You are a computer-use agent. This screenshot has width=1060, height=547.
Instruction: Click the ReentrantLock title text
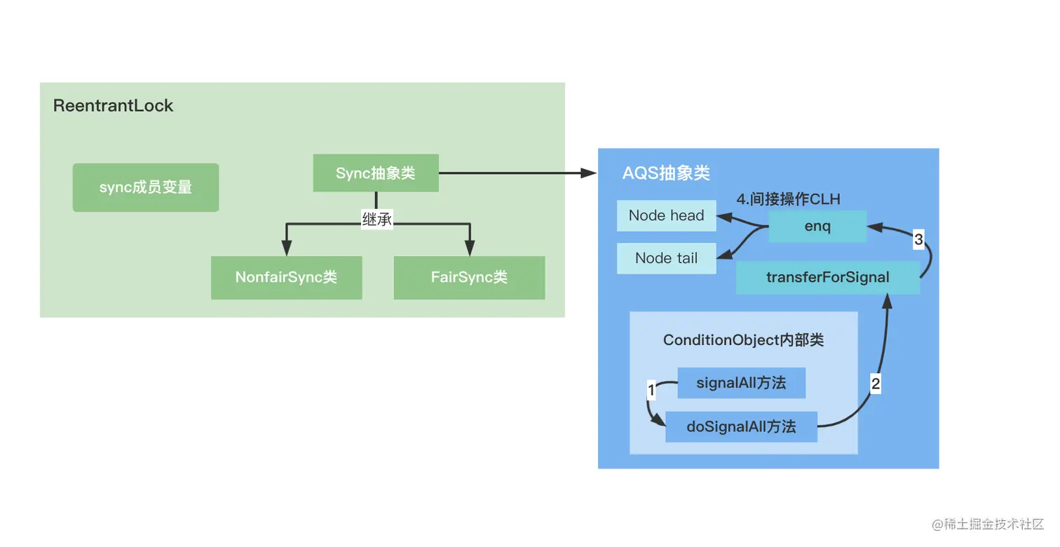coord(113,106)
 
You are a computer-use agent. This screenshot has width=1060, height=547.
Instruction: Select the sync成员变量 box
coord(146,187)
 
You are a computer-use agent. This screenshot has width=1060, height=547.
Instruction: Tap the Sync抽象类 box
coord(376,173)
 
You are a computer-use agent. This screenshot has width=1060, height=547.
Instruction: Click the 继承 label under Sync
coord(376,220)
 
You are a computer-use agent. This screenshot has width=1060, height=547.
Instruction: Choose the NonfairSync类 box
coord(286,277)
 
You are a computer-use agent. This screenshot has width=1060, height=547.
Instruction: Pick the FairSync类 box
coord(469,277)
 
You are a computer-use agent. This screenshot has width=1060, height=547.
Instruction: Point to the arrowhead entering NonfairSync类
coord(286,248)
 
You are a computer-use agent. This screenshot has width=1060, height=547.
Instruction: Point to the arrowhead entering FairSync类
coord(469,248)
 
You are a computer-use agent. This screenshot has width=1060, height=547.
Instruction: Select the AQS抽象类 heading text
coord(666,173)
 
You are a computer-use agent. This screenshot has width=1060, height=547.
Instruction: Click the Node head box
coord(666,216)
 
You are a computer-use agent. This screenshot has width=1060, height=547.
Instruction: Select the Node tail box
coord(666,258)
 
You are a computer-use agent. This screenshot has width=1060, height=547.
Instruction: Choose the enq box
coord(817,227)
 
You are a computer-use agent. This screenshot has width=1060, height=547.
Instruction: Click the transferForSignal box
coord(827,277)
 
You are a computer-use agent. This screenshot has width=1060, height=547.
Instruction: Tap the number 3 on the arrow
coord(918,240)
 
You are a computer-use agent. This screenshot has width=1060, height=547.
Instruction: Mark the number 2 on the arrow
coord(875,384)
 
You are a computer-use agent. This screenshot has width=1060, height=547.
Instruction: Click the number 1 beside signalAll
coord(651,390)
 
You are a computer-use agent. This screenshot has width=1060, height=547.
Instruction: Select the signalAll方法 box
coord(741,383)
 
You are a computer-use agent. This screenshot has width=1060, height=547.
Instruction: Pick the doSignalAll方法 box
coord(741,426)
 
